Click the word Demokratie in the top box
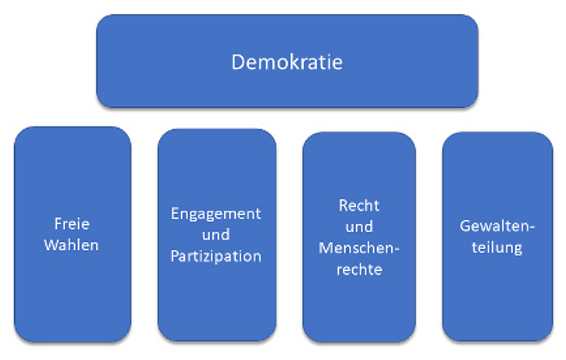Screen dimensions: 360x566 (x=287, y=62)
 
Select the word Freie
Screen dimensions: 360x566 (x=73, y=224)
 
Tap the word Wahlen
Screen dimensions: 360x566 (x=72, y=244)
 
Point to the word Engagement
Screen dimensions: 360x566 (x=216, y=213)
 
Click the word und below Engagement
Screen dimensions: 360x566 (x=216, y=234)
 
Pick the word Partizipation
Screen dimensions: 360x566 (x=216, y=255)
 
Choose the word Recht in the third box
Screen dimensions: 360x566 (x=359, y=206)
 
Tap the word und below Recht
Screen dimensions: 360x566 (x=359, y=227)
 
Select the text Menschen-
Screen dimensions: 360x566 (x=359, y=248)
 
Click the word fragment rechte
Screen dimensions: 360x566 (x=359, y=269)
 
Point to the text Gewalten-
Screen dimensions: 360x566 (x=497, y=226)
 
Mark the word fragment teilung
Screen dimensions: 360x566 (x=497, y=248)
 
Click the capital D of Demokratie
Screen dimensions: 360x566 (x=237, y=62)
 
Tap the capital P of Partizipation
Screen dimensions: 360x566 (x=175, y=255)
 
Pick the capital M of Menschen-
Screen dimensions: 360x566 (x=326, y=248)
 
